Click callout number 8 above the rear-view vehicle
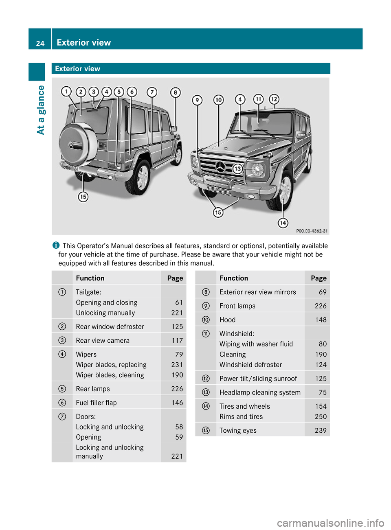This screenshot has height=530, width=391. (175, 93)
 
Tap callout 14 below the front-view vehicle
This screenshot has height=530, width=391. (283, 223)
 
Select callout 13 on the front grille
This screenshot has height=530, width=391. (237, 169)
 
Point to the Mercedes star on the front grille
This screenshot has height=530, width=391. (220, 166)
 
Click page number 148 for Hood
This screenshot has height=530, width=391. (321, 320)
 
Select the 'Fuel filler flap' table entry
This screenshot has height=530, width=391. (96, 403)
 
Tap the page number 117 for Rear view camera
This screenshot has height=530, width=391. (177, 341)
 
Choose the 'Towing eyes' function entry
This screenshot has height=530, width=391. (238, 431)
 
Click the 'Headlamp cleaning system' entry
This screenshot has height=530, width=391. (260, 392)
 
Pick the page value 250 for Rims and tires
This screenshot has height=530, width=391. (321, 417)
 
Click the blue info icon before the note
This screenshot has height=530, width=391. (56, 245)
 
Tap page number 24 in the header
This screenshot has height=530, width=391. (40, 43)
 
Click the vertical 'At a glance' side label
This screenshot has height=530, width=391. (41, 110)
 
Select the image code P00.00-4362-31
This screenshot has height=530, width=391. (312, 231)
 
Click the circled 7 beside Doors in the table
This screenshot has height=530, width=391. (62, 416)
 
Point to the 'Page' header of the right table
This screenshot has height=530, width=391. (319, 278)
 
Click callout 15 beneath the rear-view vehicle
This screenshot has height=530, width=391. (83, 197)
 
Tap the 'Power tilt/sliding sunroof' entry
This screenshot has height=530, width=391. (258, 379)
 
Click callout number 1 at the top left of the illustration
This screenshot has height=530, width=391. (66, 92)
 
